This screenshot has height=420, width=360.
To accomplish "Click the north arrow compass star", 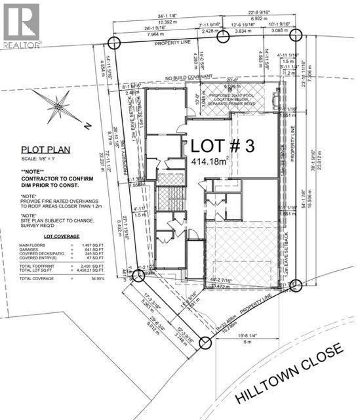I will [60, 105].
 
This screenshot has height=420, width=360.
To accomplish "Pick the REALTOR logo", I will [21, 26].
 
